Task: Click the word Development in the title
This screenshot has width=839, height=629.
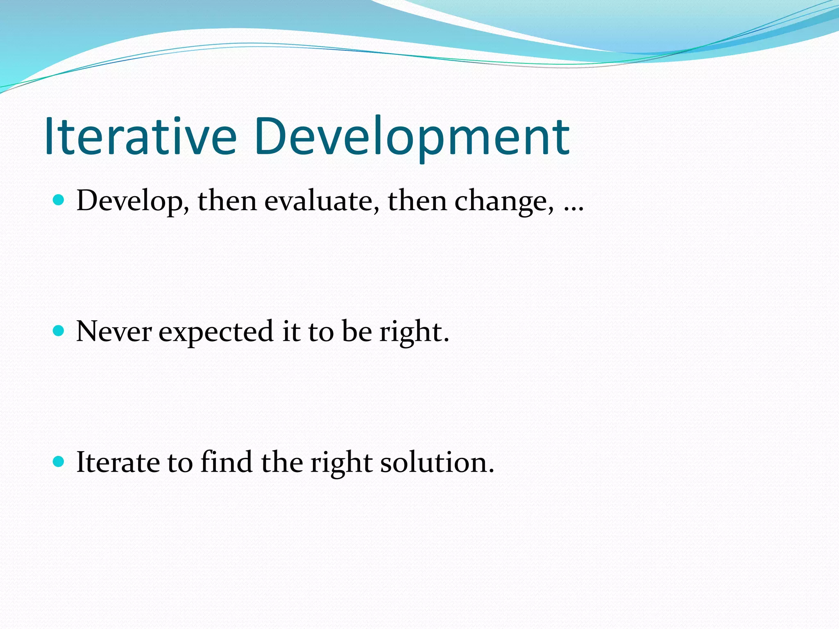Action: (x=411, y=137)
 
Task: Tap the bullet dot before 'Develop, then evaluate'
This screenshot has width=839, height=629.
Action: (x=59, y=200)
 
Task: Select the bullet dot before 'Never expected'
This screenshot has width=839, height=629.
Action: (x=59, y=330)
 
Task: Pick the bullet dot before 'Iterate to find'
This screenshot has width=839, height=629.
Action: (x=59, y=462)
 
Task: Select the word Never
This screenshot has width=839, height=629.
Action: (x=114, y=331)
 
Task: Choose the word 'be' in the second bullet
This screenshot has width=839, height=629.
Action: (x=356, y=331)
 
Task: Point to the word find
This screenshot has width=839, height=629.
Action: (x=226, y=462)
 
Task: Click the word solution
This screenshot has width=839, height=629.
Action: (x=437, y=462)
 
